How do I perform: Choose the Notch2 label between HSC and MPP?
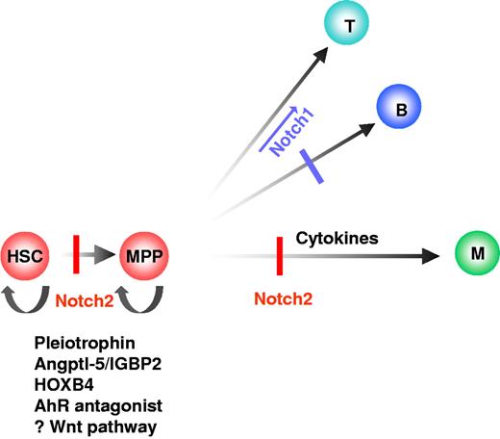point(86,300)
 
